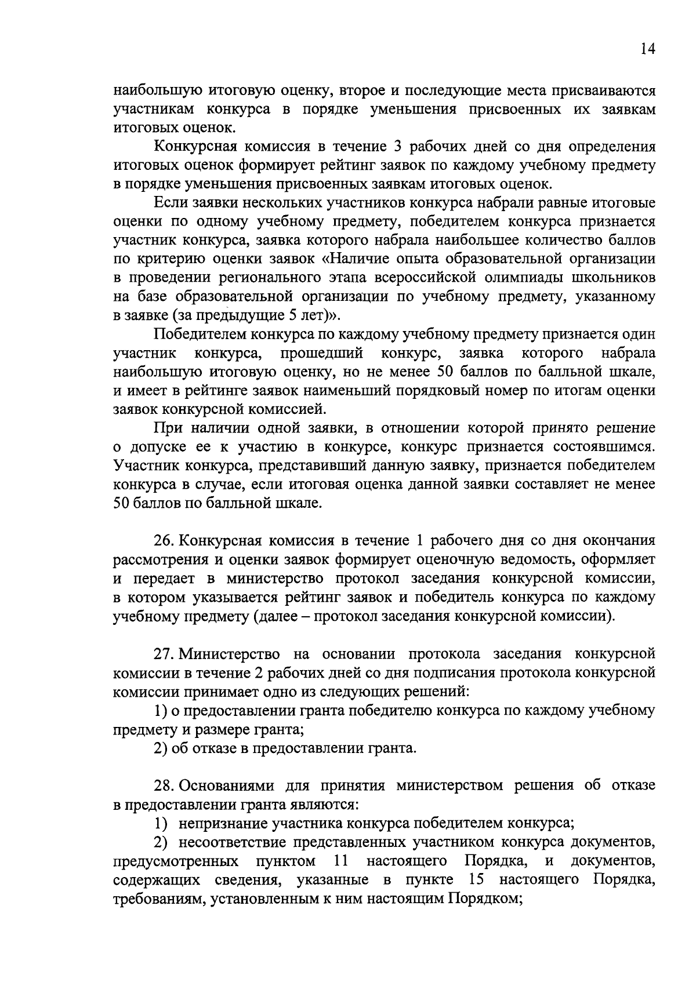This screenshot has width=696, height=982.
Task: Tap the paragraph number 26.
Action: [x=162, y=541]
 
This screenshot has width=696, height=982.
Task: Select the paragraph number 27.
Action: [x=162, y=654]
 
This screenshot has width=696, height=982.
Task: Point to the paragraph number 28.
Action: [x=162, y=785]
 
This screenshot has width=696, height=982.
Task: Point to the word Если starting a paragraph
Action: [x=168, y=203]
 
